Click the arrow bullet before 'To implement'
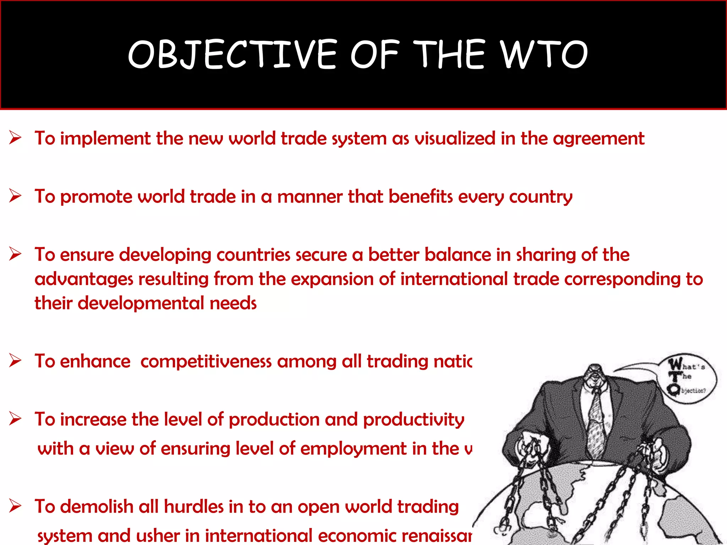pyautogui.click(x=15, y=138)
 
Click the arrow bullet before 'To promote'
pyautogui.click(x=15, y=196)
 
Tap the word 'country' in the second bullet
pyautogui.click(x=541, y=197)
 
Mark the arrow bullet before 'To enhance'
pyautogui.click(x=15, y=360)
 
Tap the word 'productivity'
pyautogui.click(x=414, y=420)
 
